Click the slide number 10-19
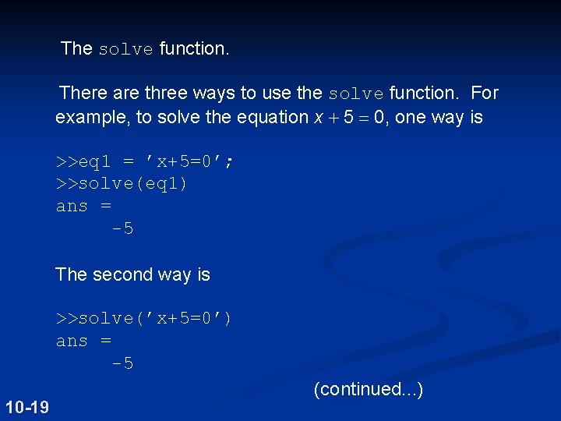point(26,407)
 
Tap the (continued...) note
point(368,388)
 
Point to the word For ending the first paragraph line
point(484,94)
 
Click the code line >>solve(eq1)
point(122,184)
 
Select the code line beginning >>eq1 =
point(144,161)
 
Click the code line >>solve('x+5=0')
point(143,318)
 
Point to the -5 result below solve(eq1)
point(122,229)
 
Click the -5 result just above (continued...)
point(122,363)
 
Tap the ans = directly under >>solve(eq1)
point(83,207)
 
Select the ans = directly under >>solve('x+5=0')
point(83,341)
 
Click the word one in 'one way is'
point(417,118)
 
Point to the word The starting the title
point(76,48)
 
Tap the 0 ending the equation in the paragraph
point(380,118)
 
